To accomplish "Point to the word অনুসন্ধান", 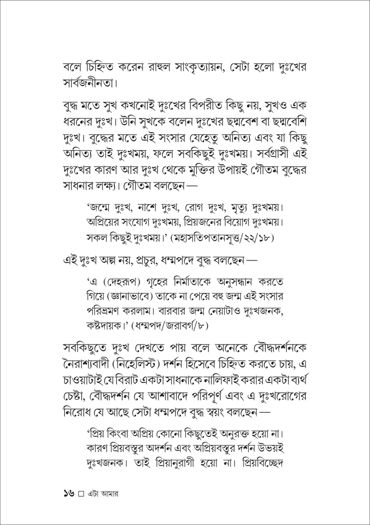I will coord(231,283).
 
